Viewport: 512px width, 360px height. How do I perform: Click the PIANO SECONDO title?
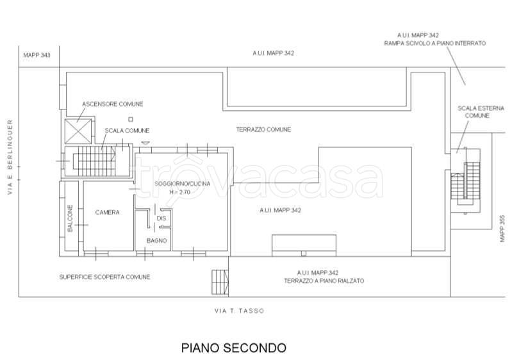233,348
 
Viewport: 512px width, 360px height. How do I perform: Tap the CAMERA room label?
108,213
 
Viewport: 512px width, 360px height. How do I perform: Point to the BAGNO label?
157,241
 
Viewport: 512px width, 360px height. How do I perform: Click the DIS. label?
161,219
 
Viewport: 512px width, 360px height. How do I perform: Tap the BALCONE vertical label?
70,218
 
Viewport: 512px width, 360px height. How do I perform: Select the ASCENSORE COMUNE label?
113,104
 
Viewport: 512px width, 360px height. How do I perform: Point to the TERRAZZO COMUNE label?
263,129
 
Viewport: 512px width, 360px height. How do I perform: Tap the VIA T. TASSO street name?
239,311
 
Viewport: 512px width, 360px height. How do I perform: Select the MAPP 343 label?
37,55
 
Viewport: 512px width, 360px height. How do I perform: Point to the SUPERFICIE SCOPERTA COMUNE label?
105,277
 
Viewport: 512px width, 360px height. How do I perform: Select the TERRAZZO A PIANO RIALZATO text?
318,281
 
